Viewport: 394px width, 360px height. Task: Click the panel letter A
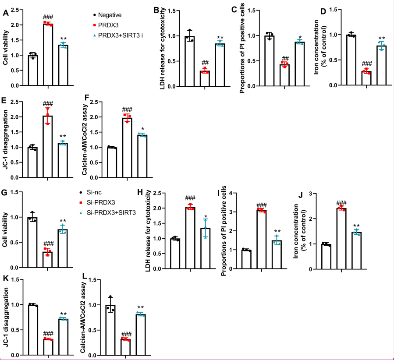(x=6, y=13)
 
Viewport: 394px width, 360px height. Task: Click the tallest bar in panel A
(x=47, y=54)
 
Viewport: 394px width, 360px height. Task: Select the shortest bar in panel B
(x=205, y=78)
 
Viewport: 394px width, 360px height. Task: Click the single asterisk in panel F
(x=142, y=129)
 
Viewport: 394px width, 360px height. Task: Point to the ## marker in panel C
(x=284, y=58)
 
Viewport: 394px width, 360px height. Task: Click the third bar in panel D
(x=382, y=65)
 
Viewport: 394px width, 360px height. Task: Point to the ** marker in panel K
(x=64, y=314)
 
